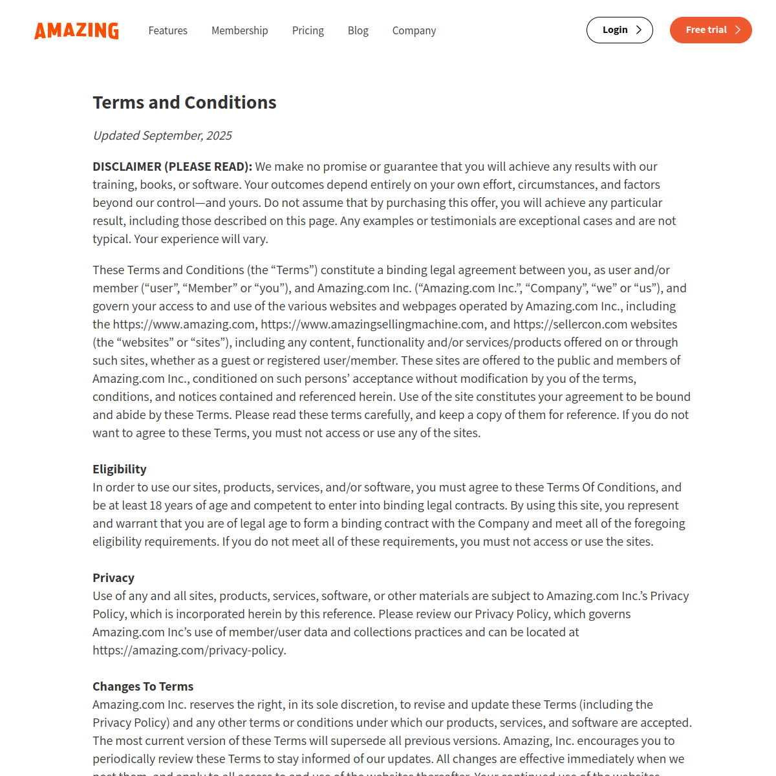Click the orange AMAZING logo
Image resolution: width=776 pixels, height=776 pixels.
point(76,30)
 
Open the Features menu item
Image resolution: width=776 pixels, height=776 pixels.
point(167,30)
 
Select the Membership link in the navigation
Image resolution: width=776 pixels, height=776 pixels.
point(239,30)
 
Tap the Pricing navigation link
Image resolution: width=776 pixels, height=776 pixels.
point(308,30)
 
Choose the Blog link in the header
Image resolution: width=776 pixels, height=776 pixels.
point(358,30)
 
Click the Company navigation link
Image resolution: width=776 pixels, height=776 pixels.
point(414,30)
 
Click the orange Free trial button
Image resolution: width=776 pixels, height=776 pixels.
point(710,30)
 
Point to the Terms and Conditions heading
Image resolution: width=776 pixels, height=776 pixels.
point(184,102)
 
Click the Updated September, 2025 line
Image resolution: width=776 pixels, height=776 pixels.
point(162,135)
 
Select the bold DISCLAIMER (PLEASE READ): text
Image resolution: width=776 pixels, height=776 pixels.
point(172,166)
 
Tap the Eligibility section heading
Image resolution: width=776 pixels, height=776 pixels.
point(119,469)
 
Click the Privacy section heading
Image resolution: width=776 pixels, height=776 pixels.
point(113,577)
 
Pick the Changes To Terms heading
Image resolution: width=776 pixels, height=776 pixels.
point(143,686)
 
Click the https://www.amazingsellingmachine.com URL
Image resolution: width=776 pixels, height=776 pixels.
point(372,324)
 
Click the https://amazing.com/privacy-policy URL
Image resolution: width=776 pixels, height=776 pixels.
point(188,650)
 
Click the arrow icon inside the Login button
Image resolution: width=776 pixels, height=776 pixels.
point(639,30)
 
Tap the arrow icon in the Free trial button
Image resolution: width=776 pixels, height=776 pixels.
point(737,30)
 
